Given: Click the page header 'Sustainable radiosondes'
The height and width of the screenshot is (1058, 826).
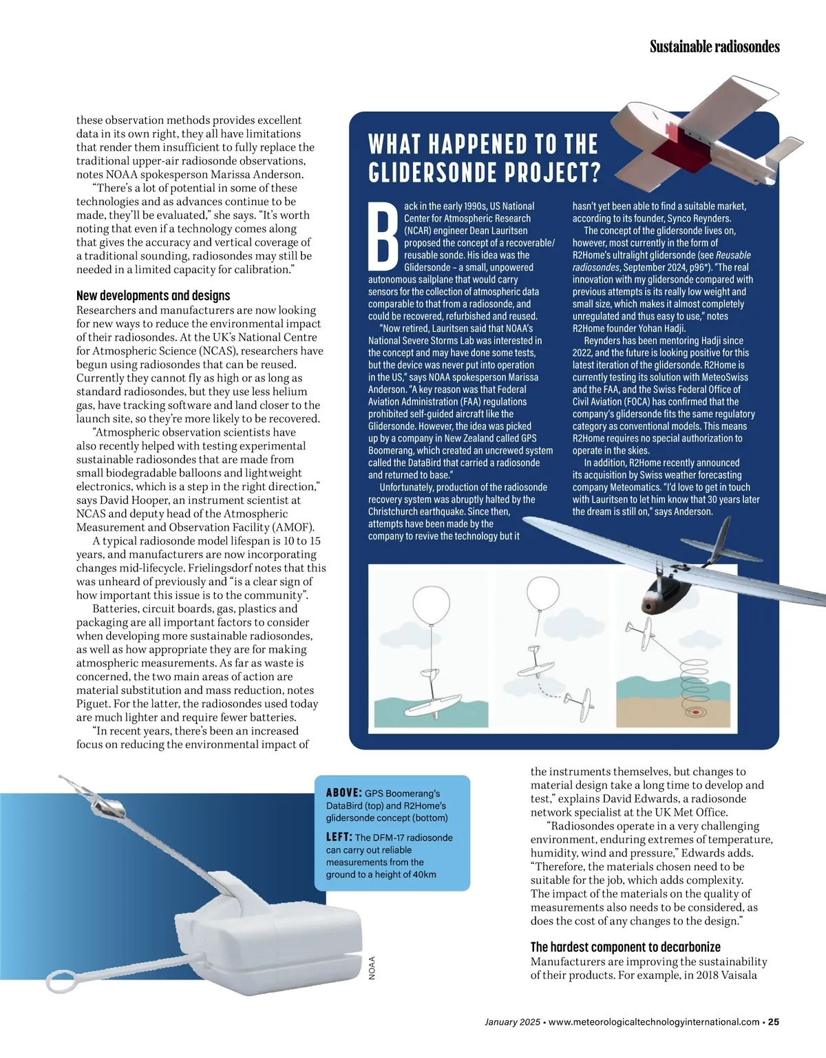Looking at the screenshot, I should coord(714,47).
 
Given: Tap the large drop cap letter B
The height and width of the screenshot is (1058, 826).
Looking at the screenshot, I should coord(383,237).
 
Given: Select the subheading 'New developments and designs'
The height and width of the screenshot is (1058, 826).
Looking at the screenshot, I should coord(153,296).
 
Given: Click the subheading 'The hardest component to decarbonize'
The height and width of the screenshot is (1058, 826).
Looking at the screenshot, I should coord(625,947).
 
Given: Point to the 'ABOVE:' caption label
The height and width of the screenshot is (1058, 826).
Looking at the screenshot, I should coord(343,793).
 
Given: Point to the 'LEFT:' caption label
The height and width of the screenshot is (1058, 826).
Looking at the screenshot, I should coord(339,837).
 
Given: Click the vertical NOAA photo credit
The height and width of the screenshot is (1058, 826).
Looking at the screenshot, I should coord(372,968).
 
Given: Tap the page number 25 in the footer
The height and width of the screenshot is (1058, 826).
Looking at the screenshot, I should coord(774,1022).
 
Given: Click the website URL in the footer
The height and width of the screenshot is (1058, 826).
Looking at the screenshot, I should coord(654,1022).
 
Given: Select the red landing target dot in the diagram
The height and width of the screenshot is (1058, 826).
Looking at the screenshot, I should coord(696,712).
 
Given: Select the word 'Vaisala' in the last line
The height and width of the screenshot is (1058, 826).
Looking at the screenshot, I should coord(739,975).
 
